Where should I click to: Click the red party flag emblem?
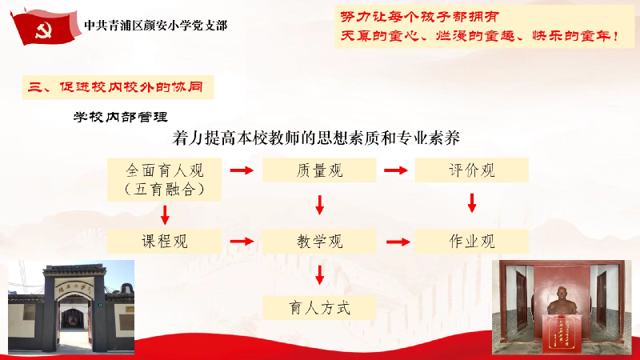pyautogui.click(x=45, y=27)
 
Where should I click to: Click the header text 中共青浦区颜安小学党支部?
pyautogui.click(x=155, y=26)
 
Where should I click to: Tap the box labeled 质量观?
pyautogui.click(x=319, y=170)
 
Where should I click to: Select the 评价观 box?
pyautogui.click(x=471, y=170)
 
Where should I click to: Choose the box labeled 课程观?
pyautogui.click(x=165, y=242)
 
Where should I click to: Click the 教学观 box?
pyautogui.click(x=319, y=242)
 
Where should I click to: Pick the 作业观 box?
pyautogui.click(x=471, y=242)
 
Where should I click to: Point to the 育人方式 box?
pyautogui.click(x=319, y=308)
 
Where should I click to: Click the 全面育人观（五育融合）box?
pyautogui.click(x=165, y=179)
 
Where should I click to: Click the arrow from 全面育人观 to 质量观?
pyautogui.click(x=242, y=170)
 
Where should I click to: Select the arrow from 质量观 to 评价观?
pyautogui.click(x=395, y=170)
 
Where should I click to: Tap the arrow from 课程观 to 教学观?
pyautogui.click(x=242, y=242)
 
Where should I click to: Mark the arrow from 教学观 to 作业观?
pyautogui.click(x=398, y=242)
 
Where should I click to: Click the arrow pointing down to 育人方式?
pyautogui.click(x=319, y=275)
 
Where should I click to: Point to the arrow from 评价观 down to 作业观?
pyautogui.click(x=472, y=203)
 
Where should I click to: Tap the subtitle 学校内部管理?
pyautogui.click(x=121, y=117)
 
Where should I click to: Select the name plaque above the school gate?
pyautogui.click(x=74, y=286)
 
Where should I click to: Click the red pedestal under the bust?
pyautogui.click(x=562, y=334)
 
